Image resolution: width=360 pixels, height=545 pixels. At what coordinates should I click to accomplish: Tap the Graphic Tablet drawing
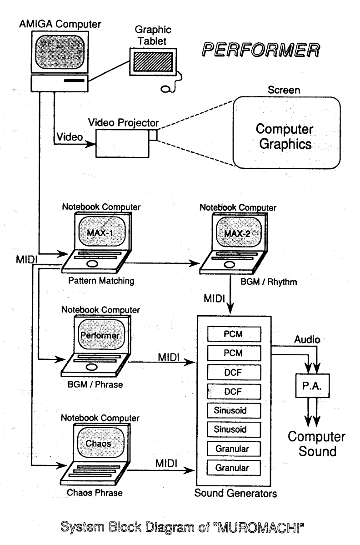tap(152, 61)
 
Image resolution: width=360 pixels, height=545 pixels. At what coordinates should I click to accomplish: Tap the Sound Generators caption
tap(233, 493)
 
